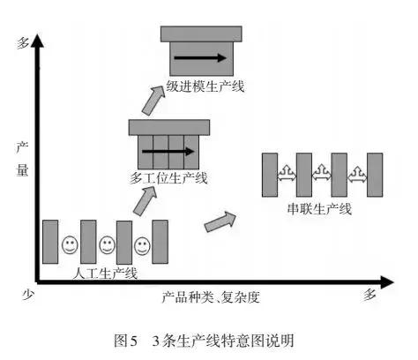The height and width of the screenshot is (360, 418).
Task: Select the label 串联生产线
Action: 320,209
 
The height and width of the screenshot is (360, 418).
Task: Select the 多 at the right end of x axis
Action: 369,296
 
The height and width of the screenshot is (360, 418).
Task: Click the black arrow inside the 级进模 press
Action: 198,58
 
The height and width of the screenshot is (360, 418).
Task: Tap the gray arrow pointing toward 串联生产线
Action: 221,221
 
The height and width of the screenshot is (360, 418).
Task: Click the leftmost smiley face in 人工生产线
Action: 69,243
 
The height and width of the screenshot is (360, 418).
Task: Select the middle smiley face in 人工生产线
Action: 106,243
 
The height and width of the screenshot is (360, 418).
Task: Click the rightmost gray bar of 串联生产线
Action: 373,175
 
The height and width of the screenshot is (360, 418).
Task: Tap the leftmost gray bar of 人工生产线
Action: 50,242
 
